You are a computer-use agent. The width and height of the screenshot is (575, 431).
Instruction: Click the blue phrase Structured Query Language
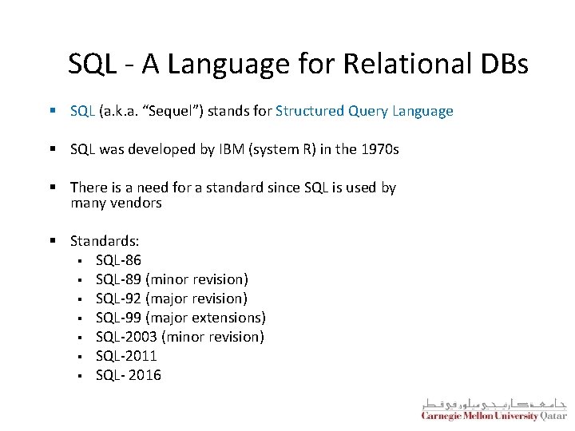pyautogui.click(x=364, y=111)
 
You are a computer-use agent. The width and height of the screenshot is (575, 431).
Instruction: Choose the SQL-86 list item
pyautogui.click(x=118, y=260)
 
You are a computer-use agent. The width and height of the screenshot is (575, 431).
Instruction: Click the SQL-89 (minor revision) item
pyautogui.click(x=172, y=279)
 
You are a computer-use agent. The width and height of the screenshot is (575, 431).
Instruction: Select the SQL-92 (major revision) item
pyautogui.click(x=172, y=299)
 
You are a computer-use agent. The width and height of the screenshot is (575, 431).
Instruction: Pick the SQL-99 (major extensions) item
pyautogui.click(x=180, y=318)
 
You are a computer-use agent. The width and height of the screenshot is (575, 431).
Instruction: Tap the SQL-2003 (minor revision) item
pyautogui.click(x=180, y=337)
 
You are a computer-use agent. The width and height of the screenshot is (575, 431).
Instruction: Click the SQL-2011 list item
pyautogui.click(x=126, y=356)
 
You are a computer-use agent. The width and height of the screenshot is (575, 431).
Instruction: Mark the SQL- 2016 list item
pyautogui.click(x=128, y=375)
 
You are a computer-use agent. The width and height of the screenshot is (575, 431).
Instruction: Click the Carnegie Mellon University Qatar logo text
pyautogui.click(x=494, y=415)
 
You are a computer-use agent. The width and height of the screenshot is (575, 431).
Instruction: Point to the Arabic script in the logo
pyautogui.click(x=494, y=401)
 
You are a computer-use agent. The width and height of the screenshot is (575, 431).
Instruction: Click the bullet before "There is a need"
pyautogui.click(x=52, y=188)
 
